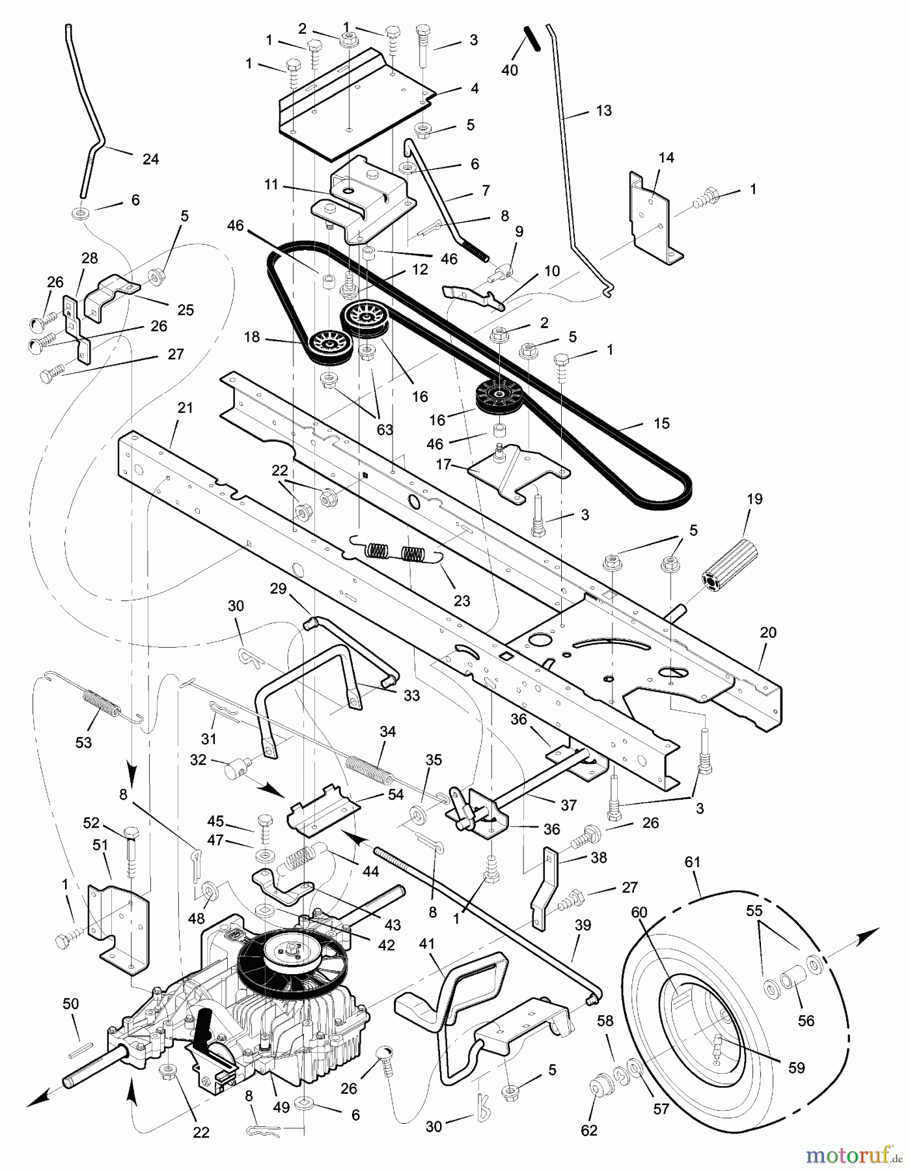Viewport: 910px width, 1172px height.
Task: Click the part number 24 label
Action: [x=150, y=159]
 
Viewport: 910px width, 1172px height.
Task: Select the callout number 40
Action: [x=510, y=70]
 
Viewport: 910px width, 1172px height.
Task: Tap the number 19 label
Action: [x=755, y=499]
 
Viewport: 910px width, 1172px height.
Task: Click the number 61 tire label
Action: [x=692, y=862]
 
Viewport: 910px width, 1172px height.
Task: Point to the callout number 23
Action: [x=462, y=600]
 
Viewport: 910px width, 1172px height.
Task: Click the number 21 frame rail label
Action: [x=185, y=408]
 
